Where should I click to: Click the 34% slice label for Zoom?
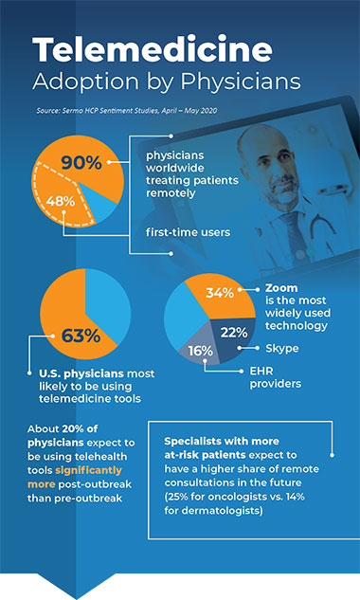pos(220,292)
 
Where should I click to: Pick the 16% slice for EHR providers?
pos(201,350)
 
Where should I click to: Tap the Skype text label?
pos(282,348)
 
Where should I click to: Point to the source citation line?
pos(101,113)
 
